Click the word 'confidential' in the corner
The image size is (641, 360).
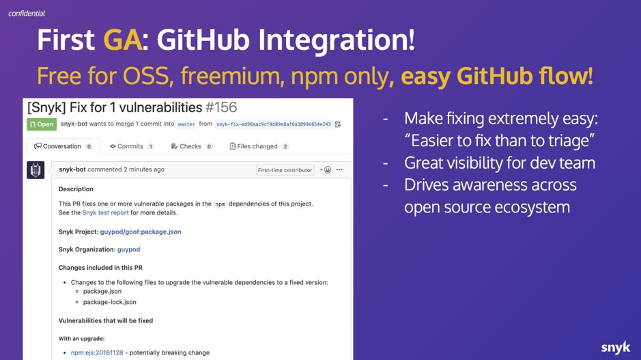[27, 14]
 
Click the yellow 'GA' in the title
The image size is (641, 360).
[123, 40]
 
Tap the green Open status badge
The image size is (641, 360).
[42, 124]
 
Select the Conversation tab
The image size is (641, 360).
[63, 146]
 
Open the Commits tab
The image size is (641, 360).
[131, 146]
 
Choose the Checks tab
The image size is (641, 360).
[191, 146]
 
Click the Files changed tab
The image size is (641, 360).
[259, 146]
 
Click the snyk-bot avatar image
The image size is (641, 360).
[35, 170]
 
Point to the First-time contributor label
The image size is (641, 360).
[285, 170]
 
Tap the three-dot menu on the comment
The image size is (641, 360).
[339, 170]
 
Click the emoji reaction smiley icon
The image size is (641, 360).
[328, 170]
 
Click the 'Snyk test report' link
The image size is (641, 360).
[106, 212]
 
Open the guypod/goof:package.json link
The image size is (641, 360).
[141, 232]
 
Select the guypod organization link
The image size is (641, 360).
[129, 249]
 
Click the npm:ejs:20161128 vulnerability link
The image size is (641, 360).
[97, 352]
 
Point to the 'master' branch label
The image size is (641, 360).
[186, 124]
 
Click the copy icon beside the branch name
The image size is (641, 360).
[338, 124]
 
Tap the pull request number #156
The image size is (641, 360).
[221, 108]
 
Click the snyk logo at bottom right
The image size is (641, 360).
[616, 347]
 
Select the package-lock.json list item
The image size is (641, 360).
[109, 303]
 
